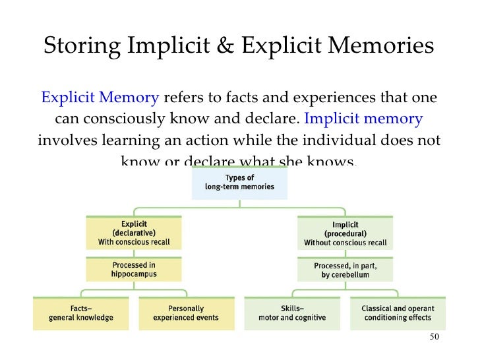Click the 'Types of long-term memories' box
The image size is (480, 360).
pos(240,183)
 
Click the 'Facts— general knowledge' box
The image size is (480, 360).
pos(81,313)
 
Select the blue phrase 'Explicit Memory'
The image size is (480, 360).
pos(100,99)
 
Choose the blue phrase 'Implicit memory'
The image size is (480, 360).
pos(363,120)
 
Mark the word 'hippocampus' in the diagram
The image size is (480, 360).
pos(134,274)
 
